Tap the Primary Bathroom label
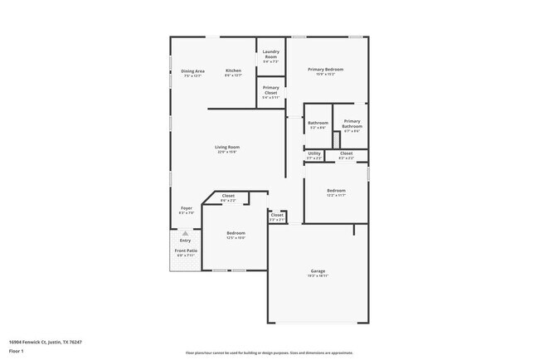click(352, 124)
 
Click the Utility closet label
click(314, 153)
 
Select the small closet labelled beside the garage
click(277, 216)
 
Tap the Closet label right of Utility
click(346, 153)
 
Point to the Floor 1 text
click(16, 351)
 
